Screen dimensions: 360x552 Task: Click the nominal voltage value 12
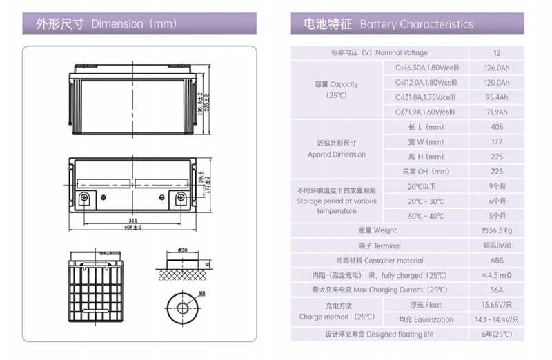click(x=497, y=53)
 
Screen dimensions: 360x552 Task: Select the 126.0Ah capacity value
click(x=497, y=68)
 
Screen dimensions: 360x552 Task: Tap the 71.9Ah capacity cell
click(x=497, y=112)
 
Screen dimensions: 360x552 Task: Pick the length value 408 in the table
click(x=497, y=127)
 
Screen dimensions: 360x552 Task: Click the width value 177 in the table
click(x=497, y=142)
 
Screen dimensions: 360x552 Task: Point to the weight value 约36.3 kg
click(x=497, y=230)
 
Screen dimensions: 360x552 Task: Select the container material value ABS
click(x=497, y=261)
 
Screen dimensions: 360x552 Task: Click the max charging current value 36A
click(x=497, y=290)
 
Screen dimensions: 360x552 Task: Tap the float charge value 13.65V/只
click(x=497, y=305)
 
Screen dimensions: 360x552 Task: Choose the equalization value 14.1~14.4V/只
click(x=497, y=319)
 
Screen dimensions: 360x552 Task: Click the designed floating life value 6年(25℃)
click(x=497, y=334)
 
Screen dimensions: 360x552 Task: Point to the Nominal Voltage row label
click(x=379, y=53)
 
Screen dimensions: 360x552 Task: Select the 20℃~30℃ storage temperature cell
click(x=426, y=201)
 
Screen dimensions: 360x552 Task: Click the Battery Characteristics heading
click(x=416, y=24)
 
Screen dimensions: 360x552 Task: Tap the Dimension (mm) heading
click(x=135, y=24)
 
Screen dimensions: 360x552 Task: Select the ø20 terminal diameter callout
click(x=183, y=250)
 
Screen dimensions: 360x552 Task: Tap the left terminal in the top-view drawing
click(x=83, y=199)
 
